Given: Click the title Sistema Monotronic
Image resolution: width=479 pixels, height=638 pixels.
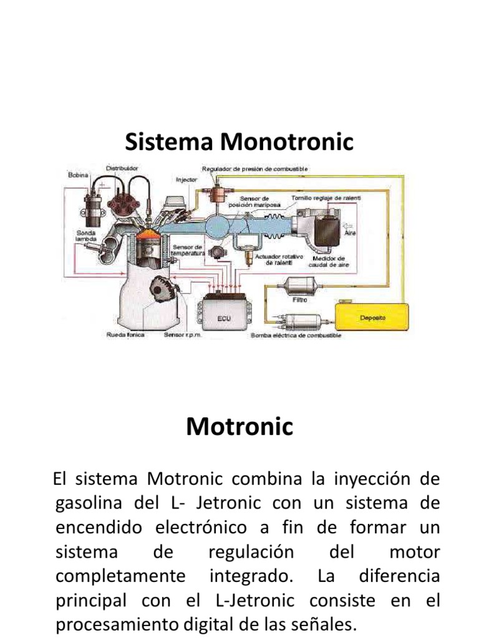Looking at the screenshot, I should click(239, 142).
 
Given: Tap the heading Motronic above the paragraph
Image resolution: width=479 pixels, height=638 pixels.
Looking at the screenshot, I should click(239, 427).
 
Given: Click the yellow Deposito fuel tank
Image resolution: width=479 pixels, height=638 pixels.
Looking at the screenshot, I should click(373, 318).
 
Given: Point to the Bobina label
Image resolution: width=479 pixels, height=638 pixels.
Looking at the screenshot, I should click(79, 175).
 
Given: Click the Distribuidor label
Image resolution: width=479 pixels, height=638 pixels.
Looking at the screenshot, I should click(122, 168).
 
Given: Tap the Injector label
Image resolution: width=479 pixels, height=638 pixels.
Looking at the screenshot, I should click(186, 179).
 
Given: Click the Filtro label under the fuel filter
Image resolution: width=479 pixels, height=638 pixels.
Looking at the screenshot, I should click(300, 299).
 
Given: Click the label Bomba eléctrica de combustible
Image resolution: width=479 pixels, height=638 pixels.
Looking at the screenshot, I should click(296, 336).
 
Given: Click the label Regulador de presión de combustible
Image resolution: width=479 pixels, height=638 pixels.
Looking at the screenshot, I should click(254, 169).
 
